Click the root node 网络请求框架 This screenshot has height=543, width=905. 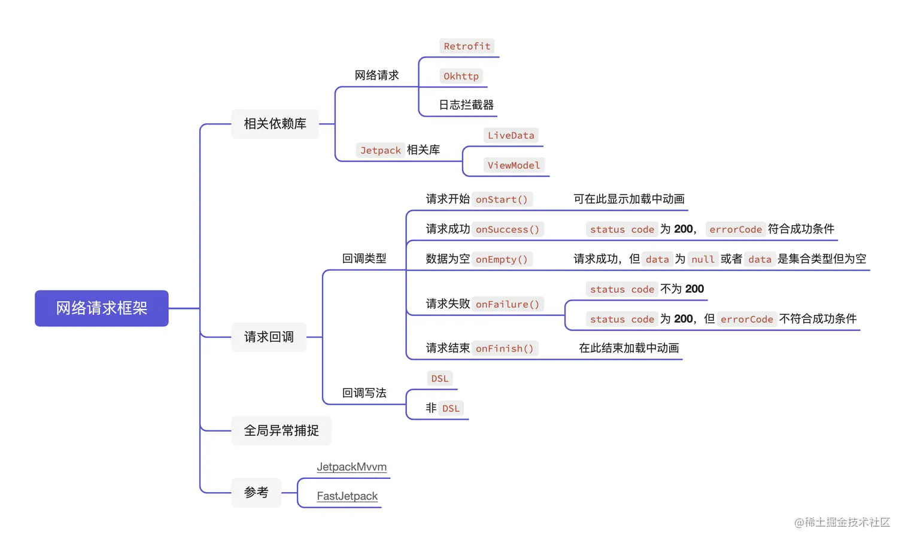102,308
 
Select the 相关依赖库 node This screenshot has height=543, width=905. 275,124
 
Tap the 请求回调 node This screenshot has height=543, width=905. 269,337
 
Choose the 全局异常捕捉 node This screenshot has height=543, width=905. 281,430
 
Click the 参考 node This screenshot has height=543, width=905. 256,493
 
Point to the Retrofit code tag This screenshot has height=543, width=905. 467,46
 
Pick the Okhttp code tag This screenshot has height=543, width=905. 461,76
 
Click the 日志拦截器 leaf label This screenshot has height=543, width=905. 466,105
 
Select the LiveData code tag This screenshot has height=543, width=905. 511,135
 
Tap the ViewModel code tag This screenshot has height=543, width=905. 514,165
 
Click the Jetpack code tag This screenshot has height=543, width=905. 380,150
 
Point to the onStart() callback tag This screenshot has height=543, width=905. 502,199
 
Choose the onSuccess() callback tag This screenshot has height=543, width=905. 507,229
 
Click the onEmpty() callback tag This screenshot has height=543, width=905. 502,259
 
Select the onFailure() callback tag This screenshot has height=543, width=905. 507,304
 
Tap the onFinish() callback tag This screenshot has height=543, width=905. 505,348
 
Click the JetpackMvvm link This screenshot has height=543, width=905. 351,467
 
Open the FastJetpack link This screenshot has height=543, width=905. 347,496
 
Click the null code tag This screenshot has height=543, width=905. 703,259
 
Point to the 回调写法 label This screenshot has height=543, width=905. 364,393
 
